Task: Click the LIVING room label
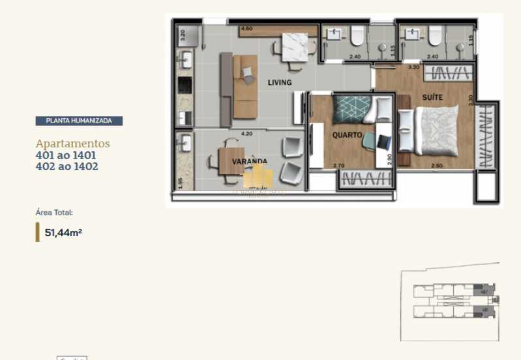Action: coord(279,83)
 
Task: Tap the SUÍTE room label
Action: coord(432,97)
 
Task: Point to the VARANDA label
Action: coord(248,161)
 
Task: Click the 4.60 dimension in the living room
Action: coord(246,29)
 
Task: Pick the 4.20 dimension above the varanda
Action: coord(246,134)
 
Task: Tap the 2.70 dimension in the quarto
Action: coord(338,166)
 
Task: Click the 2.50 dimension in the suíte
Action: coord(438,166)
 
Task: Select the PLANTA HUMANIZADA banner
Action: coord(79,121)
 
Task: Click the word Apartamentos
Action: coord(72,143)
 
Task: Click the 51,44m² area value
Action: coord(63,232)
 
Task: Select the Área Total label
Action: coord(54,213)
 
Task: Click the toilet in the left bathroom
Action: coord(357,37)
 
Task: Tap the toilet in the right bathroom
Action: coord(435,37)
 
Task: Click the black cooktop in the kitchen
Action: coord(184,85)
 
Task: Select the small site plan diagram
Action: coord(449,305)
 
